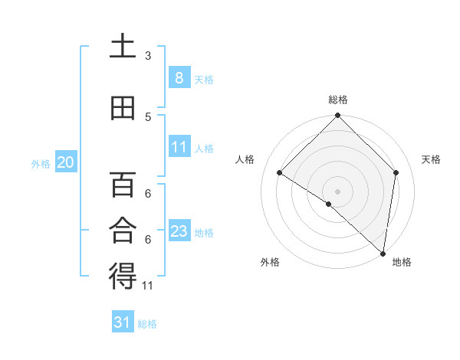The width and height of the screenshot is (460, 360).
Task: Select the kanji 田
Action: click(x=123, y=108)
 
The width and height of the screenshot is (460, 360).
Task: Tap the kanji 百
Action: click(x=123, y=184)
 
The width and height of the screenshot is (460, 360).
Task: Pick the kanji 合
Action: click(x=123, y=230)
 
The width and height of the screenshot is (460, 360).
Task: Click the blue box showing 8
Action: click(x=179, y=77)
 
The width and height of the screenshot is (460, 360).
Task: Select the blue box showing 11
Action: click(x=179, y=147)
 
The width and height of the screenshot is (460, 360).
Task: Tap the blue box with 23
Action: click(x=179, y=231)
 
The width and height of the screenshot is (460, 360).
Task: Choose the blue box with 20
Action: click(x=65, y=162)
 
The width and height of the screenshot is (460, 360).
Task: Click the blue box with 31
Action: click(x=123, y=322)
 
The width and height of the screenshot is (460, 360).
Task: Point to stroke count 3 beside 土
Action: click(x=148, y=56)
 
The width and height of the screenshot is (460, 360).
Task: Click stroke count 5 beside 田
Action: click(x=148, y=117)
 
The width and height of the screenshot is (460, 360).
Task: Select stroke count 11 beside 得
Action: click(x=148, y=286)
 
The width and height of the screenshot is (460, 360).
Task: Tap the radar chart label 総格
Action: click(x=338, y=100)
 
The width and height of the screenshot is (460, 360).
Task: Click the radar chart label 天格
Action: click(x=432, y=159)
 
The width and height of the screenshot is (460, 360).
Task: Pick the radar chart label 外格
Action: click(x=270, y=263)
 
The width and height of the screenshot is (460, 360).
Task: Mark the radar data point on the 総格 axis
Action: click(x=338, y=116)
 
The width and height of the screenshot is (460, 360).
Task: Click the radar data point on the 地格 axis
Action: click(x=383, y=253)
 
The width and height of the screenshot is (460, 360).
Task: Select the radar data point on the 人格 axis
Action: click(x=280, y=173)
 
